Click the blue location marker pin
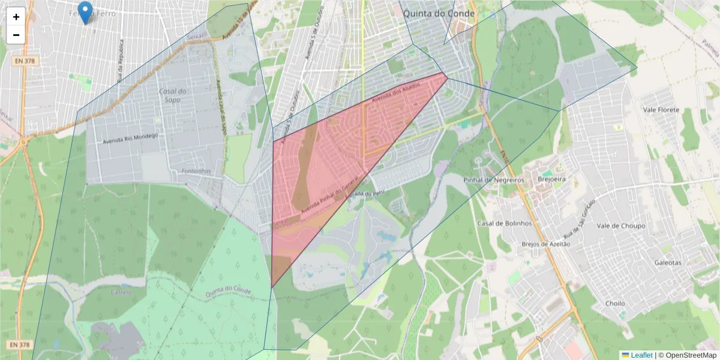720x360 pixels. tap(86, 12)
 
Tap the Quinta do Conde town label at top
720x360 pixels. tap(439, 13)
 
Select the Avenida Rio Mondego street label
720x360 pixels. tap(131, 139)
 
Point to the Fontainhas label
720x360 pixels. tap(195, 171)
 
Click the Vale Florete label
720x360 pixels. tap(661, 110)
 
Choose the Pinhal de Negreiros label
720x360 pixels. tap(494, 180)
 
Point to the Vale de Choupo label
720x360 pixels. tap(621, 226)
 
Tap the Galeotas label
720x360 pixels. tap(668, 263)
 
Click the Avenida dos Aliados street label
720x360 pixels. tap(395, 95)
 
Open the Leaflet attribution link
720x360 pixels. tap(641, 355)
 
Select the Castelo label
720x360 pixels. tap(121, 293)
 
